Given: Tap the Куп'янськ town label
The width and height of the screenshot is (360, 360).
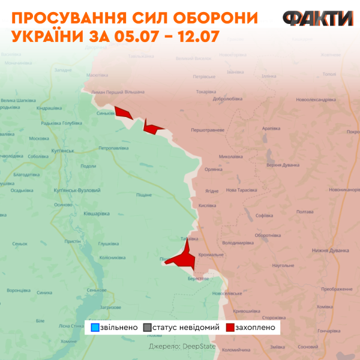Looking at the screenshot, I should tap(62, 151).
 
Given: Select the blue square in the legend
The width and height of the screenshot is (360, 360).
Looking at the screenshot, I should tap(94, 328).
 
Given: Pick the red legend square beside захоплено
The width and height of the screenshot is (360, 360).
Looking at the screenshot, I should tap(230, 328).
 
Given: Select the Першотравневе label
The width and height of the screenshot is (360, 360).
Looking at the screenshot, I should tap(208, 130).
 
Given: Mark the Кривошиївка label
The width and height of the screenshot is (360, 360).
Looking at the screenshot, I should tap(246, 311).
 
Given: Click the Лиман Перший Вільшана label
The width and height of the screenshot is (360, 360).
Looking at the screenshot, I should tap(118, 92).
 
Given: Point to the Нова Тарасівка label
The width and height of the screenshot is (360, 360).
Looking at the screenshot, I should tap(241, 190).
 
